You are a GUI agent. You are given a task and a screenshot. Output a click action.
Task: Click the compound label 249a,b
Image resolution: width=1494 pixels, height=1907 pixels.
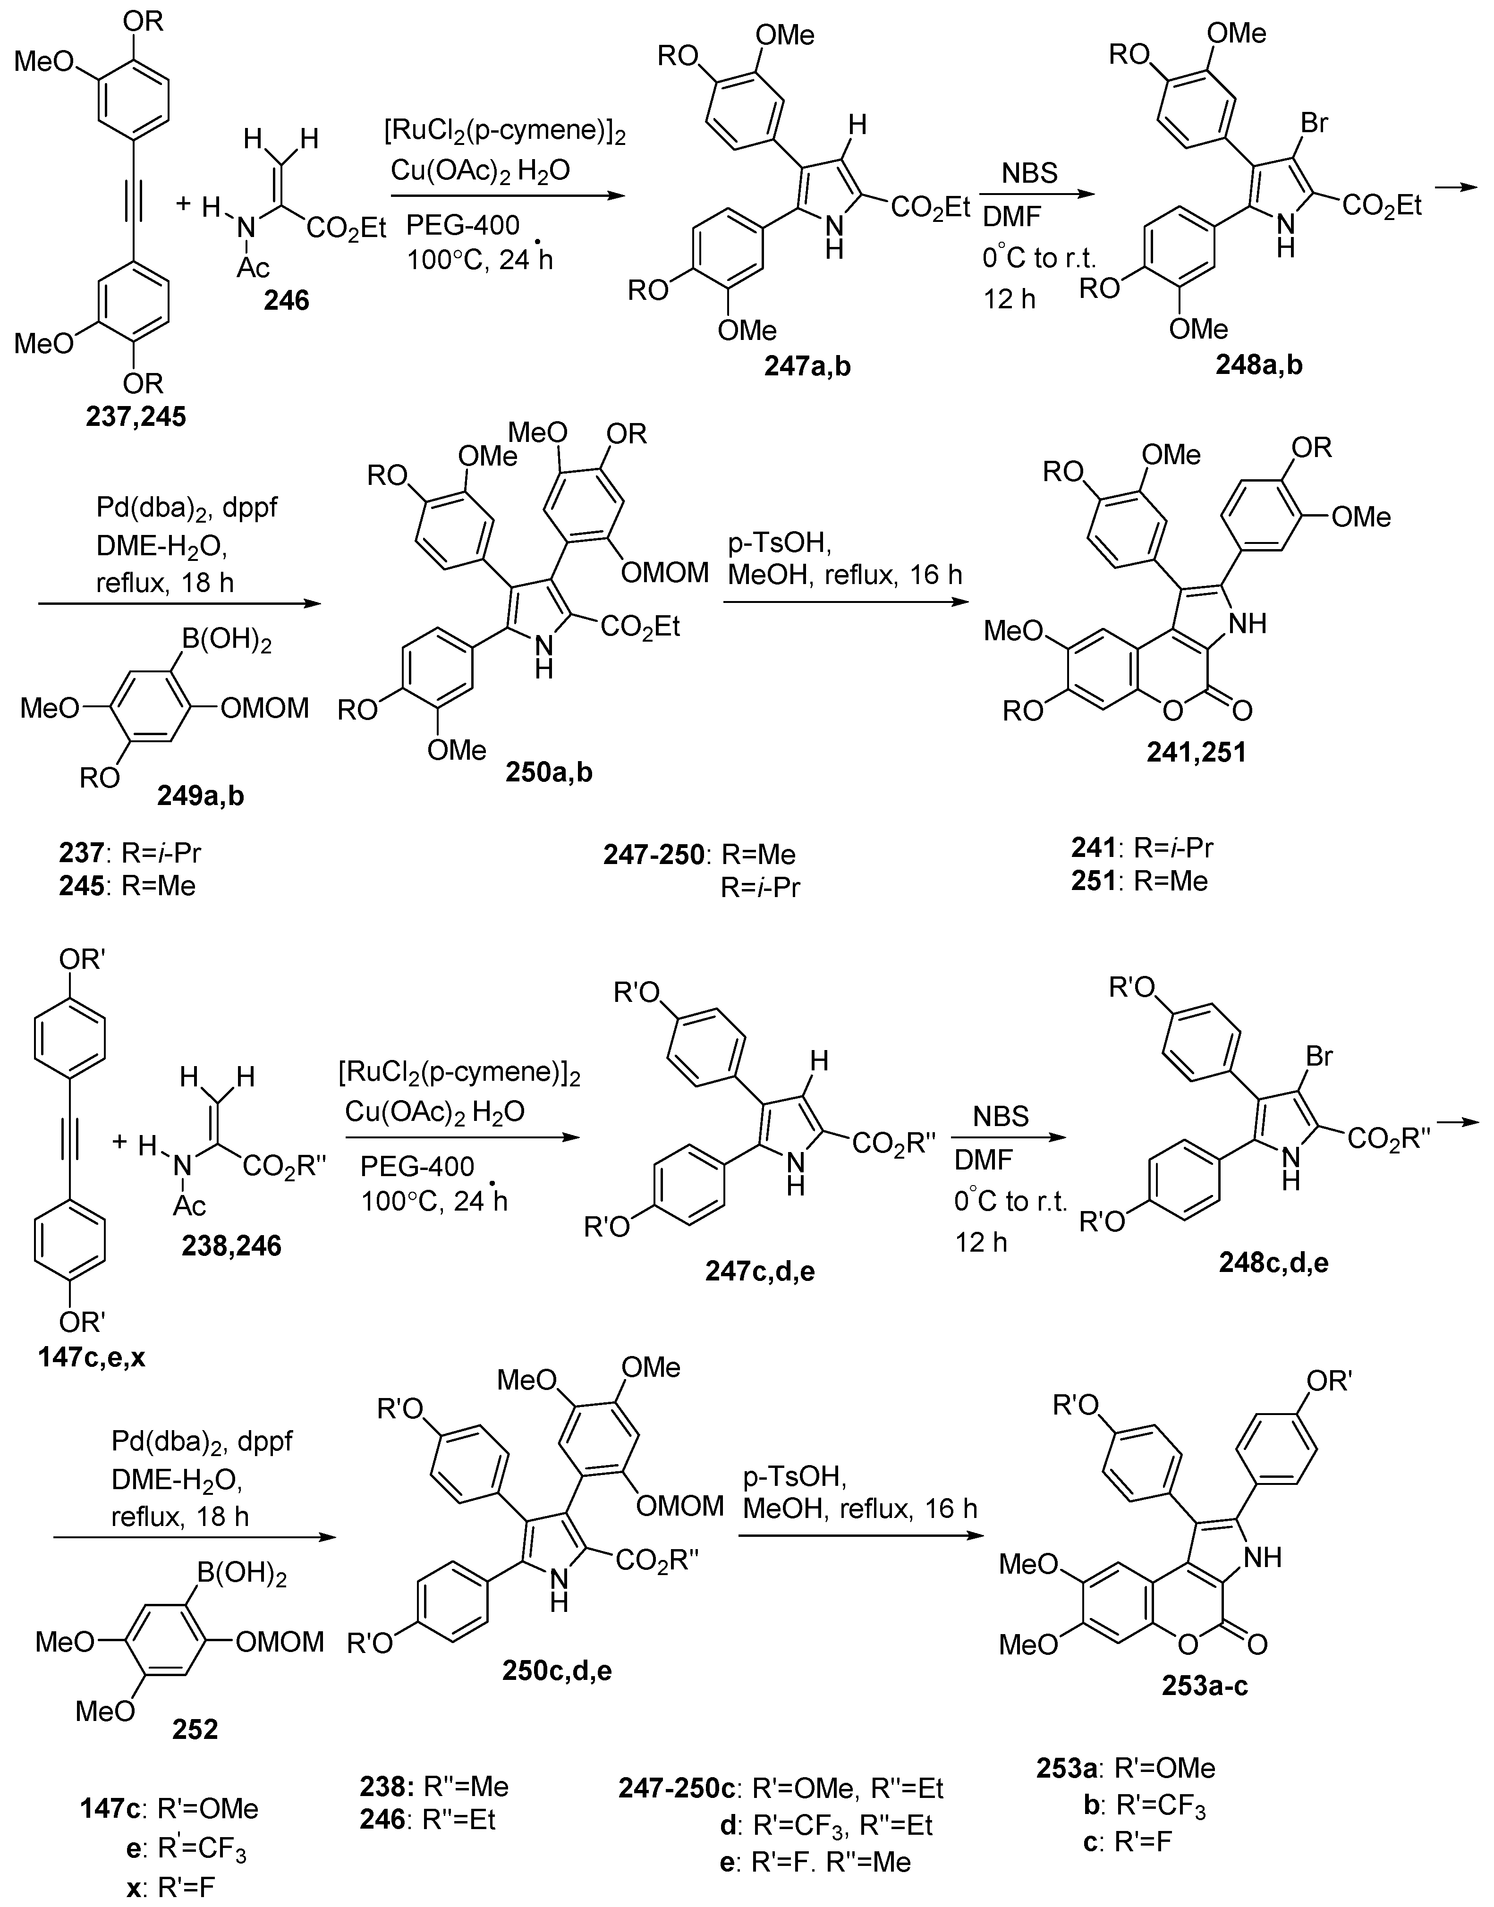point(201,794)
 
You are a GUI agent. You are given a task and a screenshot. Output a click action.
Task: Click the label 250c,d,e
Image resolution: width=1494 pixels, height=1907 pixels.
point(557,1671)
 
